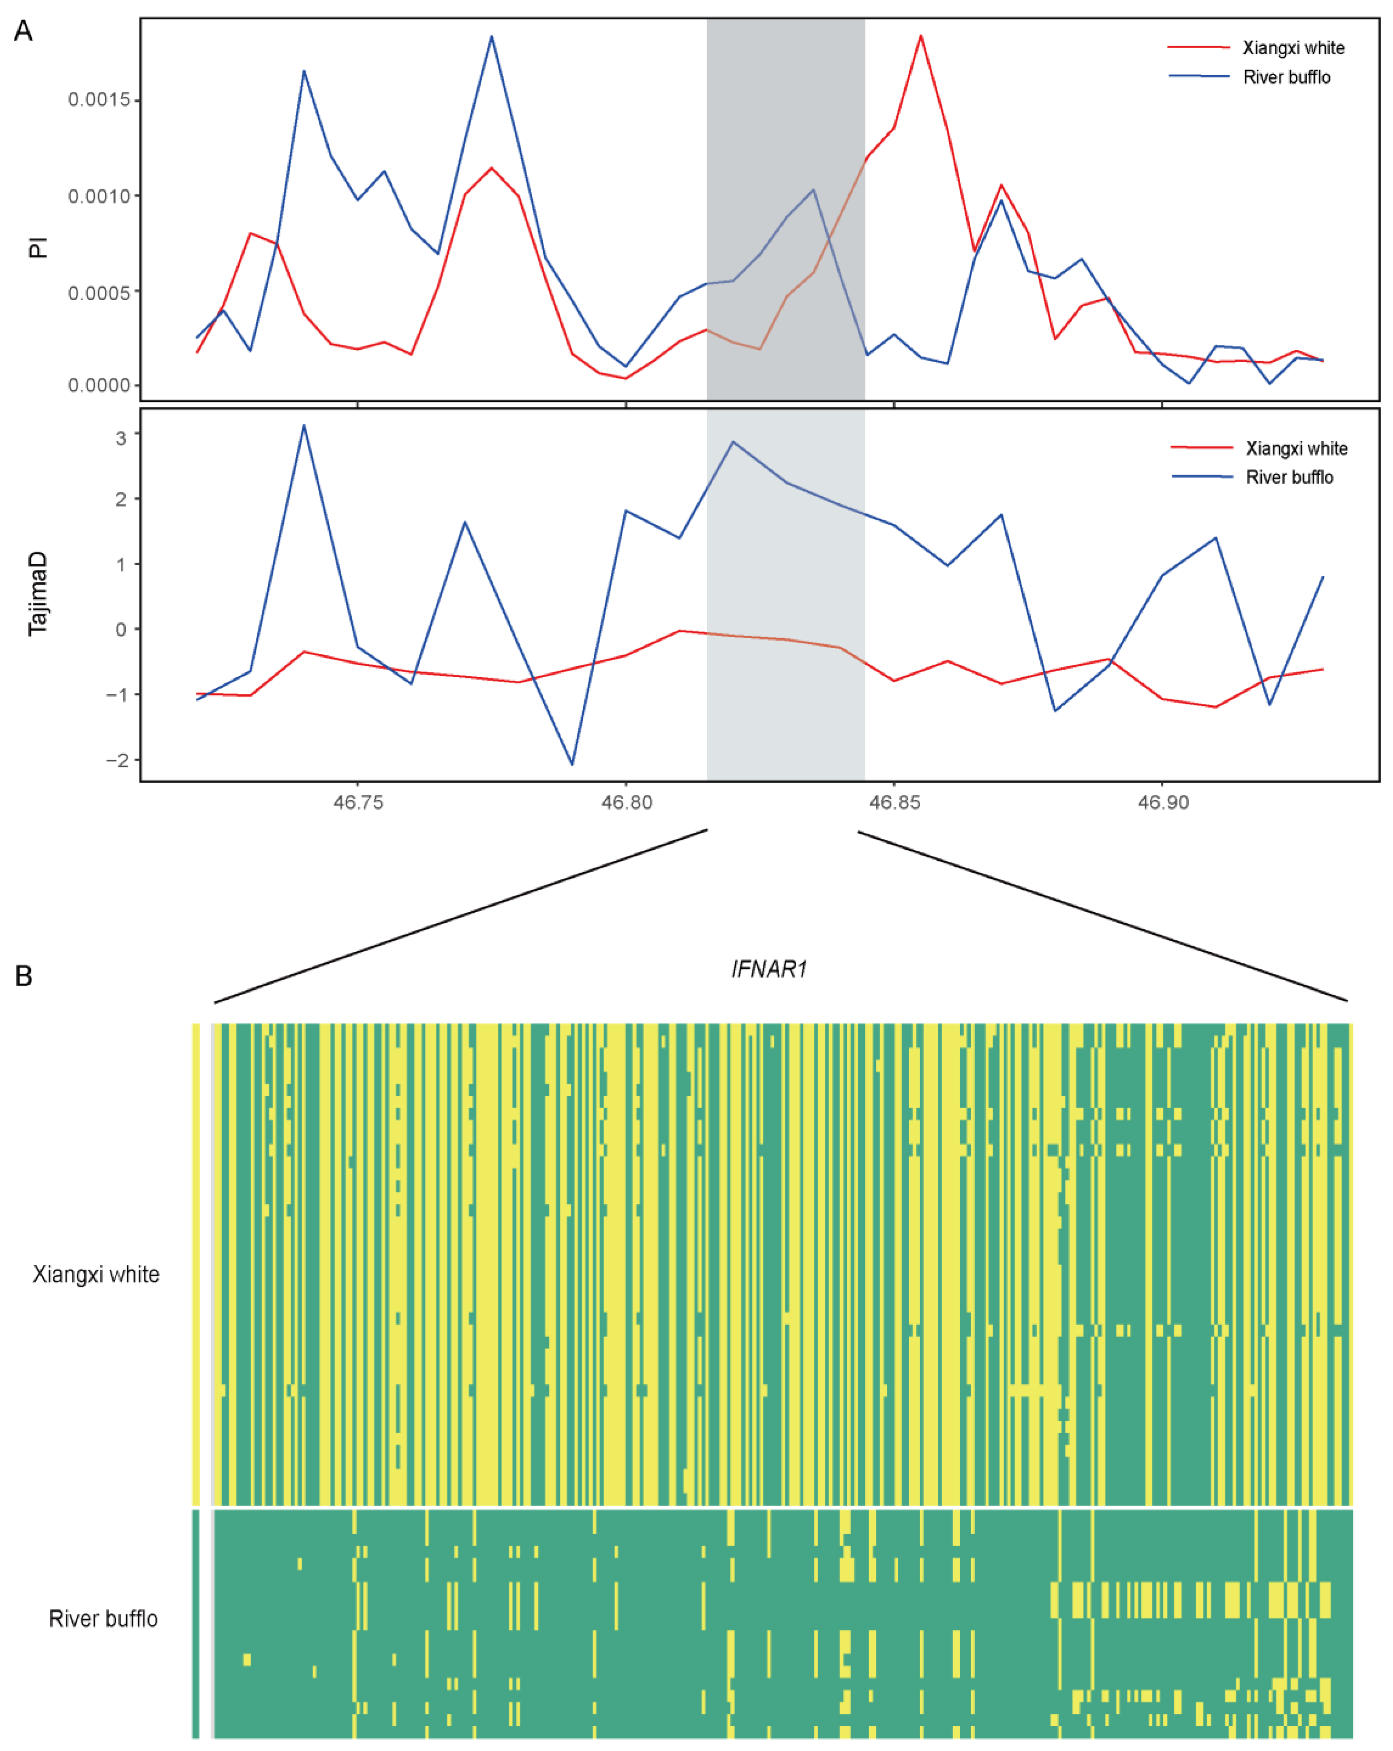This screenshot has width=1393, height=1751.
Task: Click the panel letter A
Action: [x=24, y=32]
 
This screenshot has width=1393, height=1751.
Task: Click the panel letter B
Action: [x=24, y=976]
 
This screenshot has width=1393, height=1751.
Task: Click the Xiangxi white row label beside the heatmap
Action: [x=96, y=1274]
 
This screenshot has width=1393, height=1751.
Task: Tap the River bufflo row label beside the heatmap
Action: [x=103, y=1618]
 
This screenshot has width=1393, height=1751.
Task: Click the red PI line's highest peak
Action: [x=920, y=36]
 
